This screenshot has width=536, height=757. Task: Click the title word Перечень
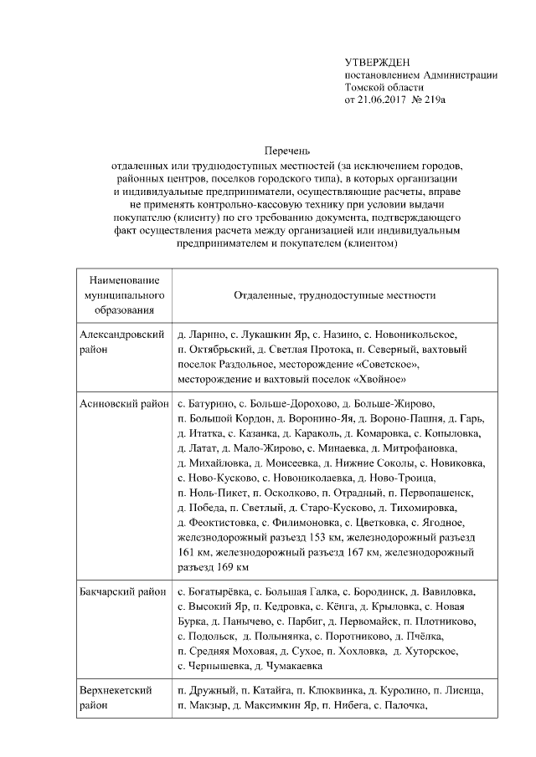point(287,150)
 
